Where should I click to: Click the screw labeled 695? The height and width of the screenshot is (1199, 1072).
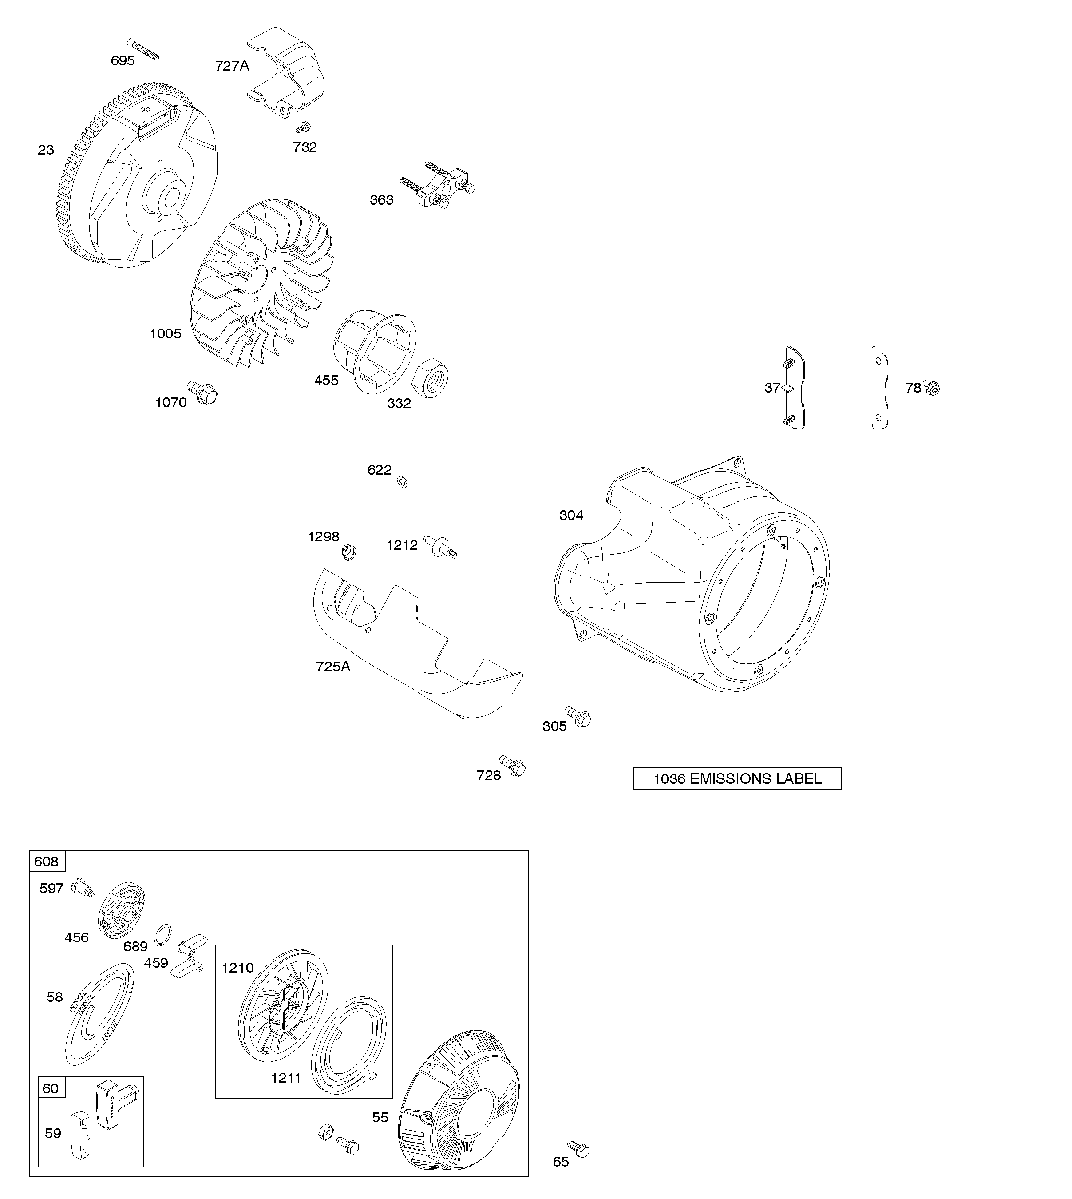click(x=142, y=48)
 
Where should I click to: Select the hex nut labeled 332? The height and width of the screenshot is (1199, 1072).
click(x=433, y=375)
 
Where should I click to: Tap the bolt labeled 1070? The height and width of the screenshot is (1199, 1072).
click(x=202, y=392)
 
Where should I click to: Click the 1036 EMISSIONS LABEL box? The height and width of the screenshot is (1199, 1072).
click(x=737, y=778)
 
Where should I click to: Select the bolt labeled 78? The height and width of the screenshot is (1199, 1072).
click(x=931, y=388)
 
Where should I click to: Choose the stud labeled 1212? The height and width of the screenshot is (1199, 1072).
click(x=441, y=546)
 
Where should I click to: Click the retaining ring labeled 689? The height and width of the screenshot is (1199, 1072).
click(x=165, y=930)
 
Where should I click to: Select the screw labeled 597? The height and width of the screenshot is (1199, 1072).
click(x=83, y=903)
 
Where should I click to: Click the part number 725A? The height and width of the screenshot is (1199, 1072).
click(x=333, y=667)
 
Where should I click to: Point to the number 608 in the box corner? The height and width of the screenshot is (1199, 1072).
click(x=47, y=862)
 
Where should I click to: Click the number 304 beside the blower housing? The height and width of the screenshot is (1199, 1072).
click(x=571, y=516)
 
